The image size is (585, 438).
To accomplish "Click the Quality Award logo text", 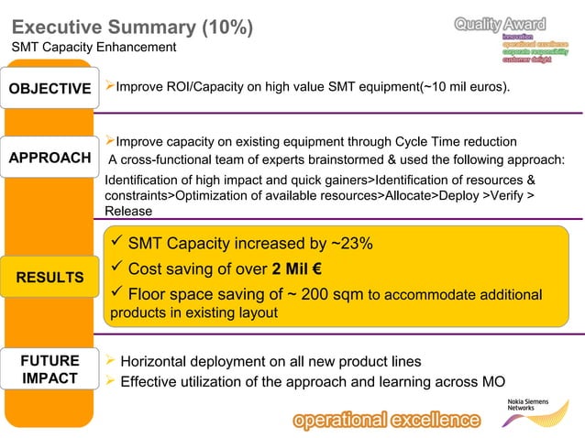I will pyautogui.click(x=500, y=23).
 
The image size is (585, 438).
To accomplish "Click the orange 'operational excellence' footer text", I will pyautogui.click(x=386, y=421).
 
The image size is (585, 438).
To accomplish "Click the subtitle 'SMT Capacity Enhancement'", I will pyautogui.click(x=94, y=47).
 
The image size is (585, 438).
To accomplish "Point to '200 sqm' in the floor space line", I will pyautogui.click(x=333, y=295).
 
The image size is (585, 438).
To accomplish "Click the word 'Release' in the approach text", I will pyautogui.click(x=129, y=211).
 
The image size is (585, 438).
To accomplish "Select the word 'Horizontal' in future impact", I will pyautogui.click(x=156, y=361).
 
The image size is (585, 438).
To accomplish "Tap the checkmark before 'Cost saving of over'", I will pyautogui.click(x=116, y=269).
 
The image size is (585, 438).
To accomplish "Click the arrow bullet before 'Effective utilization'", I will pyautogui.click(x=110, y=381).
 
